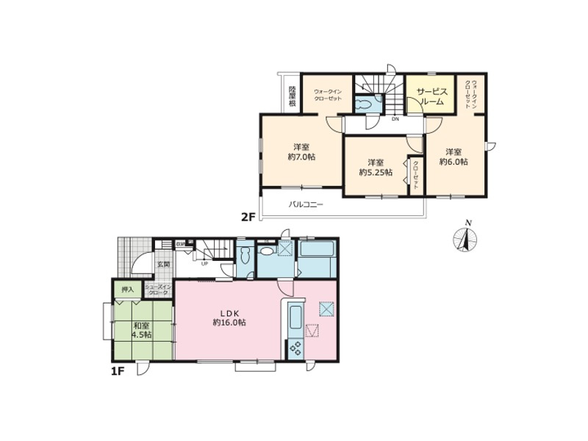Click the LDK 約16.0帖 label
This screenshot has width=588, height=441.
pos(229,317)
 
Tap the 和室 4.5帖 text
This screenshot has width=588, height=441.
pos(143,330)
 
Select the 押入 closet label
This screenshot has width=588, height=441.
pos(127,290)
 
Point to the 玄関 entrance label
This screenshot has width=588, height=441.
pos(162,264)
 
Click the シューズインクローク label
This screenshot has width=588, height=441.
pos(157,290)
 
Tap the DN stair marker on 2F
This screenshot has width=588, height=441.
pos(395,118)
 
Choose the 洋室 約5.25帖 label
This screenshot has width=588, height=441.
pos(376,167)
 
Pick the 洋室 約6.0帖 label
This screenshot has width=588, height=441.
pos(453,157)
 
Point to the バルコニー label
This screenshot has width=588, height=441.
pos(305,204)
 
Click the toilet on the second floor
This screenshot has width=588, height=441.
pos(364,104)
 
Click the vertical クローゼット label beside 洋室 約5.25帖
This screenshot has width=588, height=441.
pos(416,176)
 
